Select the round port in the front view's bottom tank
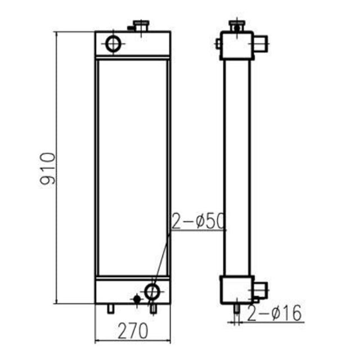pyautogui.click(x=152, y=291)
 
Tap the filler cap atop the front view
pyautogui.click(x=139, y=25)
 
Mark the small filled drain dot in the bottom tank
pyautogui.click(x=136, y=299)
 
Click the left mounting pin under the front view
pyautogui.click(x=111, y=309)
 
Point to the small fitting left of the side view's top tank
pyautogui.click(x=218, y=43)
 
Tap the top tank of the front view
pyautogui.click(x=133, y=44)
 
